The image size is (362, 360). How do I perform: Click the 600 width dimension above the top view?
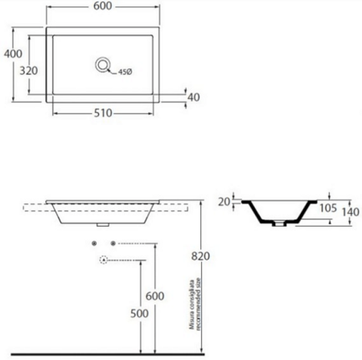click(103, 6)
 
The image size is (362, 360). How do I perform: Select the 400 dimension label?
click(13, 54)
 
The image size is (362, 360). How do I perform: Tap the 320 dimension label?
click(29, 71)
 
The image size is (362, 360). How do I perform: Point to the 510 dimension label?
click(103, 113)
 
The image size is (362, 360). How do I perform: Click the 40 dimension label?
click(194, 97)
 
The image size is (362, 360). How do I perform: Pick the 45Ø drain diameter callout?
click(125, 72)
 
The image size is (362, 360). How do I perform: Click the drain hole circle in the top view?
click(103, 65)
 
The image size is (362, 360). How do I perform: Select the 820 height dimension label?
click(200, 256)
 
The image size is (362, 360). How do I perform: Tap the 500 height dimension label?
click(139, 313)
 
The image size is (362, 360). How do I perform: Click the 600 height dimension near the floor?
click(154, 296)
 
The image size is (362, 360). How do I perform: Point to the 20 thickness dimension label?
click(224, 202)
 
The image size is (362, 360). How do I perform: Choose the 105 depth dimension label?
click(328, 208)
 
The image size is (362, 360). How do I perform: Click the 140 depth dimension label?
click(350, 212)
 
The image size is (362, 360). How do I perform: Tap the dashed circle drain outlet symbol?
click(104, 260)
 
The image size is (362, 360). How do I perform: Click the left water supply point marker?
click(94, 243)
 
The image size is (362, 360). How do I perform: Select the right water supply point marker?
click(113, 243)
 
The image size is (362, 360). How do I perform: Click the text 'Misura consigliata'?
click(191, 305)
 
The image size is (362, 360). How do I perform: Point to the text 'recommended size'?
click(198, 304)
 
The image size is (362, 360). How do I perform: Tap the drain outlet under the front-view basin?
click(103, 225)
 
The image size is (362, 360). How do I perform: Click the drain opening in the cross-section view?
click(279, 223)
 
